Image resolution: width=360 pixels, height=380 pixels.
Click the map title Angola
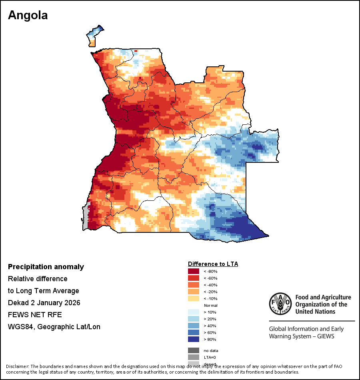tap(28, 15)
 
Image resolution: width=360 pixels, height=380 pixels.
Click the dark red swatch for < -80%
tap(194, 271)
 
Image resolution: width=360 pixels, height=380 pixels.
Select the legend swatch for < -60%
tap(194, 278)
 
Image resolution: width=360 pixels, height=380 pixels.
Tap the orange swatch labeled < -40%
tap(194, 285)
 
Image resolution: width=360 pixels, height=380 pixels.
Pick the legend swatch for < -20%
tap(194, 292)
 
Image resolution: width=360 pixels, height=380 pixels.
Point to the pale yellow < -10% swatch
tap(194, 298)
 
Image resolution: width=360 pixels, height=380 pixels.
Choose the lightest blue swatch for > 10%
tap(194, 312)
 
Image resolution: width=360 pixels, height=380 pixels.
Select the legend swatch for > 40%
tap(194, 326)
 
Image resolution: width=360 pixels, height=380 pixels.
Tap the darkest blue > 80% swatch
tap(194, 339)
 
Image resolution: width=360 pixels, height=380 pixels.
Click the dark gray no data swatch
tap(194, 350)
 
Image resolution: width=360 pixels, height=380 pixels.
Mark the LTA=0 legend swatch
tap(194, 357)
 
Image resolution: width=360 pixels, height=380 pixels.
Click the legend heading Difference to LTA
tap(213, 264)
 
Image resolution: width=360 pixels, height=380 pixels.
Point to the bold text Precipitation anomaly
tap(46, 267)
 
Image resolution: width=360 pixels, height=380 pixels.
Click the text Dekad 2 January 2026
tap(44, 303)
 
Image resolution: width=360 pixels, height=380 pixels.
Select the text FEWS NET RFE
tap(35, 315)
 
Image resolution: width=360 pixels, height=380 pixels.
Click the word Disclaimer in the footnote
tap(17, 366)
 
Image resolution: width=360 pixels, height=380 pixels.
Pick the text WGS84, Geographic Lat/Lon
tap(54, 327)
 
